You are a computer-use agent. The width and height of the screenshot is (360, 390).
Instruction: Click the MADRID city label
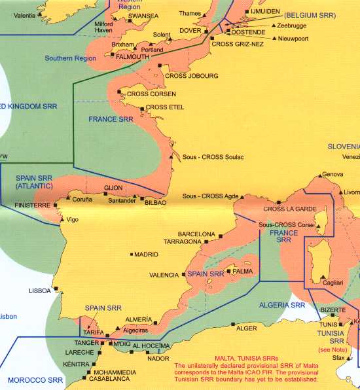147,255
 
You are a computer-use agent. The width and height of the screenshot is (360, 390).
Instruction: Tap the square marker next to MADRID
132,255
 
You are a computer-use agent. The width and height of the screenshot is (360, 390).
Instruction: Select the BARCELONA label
196,234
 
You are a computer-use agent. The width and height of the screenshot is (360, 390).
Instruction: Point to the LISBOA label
40,291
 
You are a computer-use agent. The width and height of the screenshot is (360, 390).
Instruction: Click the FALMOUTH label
132,57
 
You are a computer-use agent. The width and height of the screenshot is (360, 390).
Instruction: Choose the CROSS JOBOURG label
192,76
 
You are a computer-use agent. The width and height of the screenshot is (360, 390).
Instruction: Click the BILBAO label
155,203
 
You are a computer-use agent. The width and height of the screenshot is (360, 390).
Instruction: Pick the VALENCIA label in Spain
164,275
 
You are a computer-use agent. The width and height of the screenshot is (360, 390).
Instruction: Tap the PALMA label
242,270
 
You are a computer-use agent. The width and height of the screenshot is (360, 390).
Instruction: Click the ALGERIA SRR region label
283,305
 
